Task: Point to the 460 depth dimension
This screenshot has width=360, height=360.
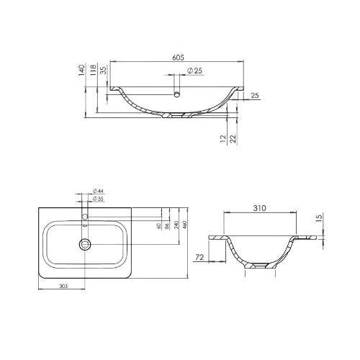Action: (x=185, y=225)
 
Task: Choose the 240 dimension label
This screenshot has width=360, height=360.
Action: (x=176, y=225)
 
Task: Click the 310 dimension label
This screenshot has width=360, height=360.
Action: (x=260, y=208)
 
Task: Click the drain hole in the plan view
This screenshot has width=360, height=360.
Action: (x=85, y=244)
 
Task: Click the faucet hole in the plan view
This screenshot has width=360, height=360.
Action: (x=85, y=216)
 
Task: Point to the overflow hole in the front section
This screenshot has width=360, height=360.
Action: (x=176, y=94)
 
